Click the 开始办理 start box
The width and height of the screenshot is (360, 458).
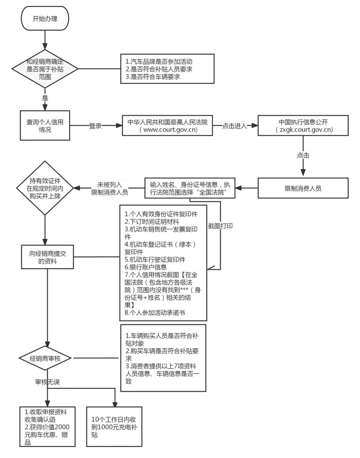pos(45,19)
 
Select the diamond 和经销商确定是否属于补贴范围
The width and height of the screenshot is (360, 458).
pos(45,69)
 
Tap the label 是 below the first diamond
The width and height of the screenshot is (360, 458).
pos(45,98)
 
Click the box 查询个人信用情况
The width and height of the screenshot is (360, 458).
pos(45,126)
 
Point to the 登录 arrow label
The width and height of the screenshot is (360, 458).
pos(95,126)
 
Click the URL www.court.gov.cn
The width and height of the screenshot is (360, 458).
pos(168,130)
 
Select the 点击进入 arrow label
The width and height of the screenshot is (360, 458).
pos(234,126)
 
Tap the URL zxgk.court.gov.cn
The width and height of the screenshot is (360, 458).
pos(304,130)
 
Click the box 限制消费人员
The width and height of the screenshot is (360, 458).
pos(303,188)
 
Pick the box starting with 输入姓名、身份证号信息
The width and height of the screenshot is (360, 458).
pos(190,188)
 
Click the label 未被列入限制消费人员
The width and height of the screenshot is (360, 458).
pos(110,188)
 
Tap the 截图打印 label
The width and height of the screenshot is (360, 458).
pos(220,226)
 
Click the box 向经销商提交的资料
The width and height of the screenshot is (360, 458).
pos(47,257)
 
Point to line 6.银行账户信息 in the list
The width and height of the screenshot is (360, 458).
pos(146,267)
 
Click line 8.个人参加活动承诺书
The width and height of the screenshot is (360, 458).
pos(155,313)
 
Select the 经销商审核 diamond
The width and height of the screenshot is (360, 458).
pos(45,359)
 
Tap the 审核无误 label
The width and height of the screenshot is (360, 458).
pos(48,382)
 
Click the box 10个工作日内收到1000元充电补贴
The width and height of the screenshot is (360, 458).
pos(114,427)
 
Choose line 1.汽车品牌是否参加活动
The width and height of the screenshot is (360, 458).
pos(159,62)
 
